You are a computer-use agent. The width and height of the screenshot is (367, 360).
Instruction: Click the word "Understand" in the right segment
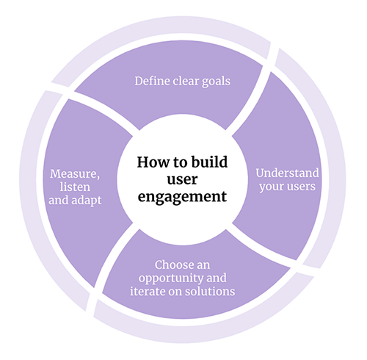[x=287, y=173]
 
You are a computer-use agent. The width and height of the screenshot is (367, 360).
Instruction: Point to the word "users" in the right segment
[x=301, y=187]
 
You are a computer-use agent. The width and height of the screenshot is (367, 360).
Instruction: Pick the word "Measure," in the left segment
[x=75, y=174]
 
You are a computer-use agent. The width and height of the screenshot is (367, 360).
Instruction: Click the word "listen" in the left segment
[x=75, y=187]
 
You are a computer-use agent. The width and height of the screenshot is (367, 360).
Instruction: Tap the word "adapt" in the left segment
[x=87, y=201]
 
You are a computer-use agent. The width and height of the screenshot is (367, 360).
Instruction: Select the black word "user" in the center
[x=182, y=180]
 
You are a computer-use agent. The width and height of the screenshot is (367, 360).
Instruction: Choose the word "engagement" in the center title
[x=182, y=198]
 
